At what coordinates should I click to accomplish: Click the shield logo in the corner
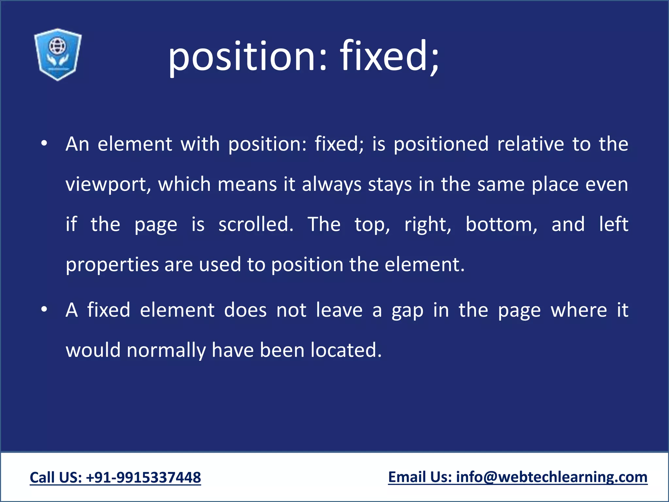[x=58, y=54]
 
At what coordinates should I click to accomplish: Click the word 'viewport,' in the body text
[x=108, y=185]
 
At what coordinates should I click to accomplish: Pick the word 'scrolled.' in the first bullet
[x=256, y=225]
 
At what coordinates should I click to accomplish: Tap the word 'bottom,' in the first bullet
[x=501, y=225]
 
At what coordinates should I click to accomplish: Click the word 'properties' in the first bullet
[x=112, y=265]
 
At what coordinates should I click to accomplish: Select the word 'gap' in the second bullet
[x=407, y=310]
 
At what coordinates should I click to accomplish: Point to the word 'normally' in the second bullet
[x=166, y=350]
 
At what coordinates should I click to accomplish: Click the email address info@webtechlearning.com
[x=552, y=477]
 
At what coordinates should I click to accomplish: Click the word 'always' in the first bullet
[x=332, y=185]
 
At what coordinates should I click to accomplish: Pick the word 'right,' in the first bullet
[x=428, y=225]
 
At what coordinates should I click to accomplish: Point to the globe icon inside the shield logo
[x=57, y=46]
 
